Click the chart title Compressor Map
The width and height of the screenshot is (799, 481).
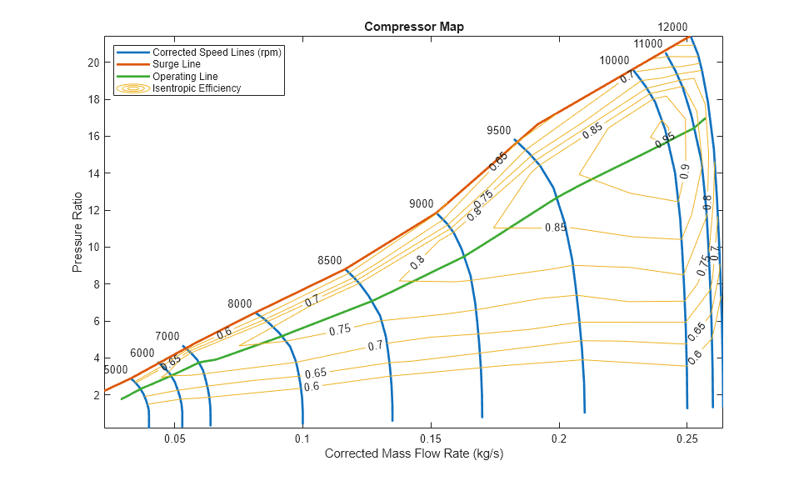pos(414,27)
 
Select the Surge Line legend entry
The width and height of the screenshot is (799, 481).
pos(176,64)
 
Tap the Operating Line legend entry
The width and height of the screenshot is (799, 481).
pos(185,77)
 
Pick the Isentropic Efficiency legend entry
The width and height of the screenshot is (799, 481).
pos(196,88)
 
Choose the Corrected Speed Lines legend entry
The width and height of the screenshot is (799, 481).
pos(217,52)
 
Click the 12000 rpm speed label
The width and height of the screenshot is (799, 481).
pos(672,27)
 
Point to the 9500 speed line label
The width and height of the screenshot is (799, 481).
pos(498,131)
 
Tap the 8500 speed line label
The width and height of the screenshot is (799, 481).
pos(330,261)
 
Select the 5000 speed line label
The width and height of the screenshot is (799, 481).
pos(116,369)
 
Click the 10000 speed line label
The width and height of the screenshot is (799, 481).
pos(614,61)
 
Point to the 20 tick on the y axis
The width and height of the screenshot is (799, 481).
pos(93,63)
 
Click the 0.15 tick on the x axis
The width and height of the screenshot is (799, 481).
pos(432,438)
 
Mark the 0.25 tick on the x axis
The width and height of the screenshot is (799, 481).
pos(687,438)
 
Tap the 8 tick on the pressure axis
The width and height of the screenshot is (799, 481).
pos(97,284)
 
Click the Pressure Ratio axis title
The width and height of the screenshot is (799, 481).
pos(77,233)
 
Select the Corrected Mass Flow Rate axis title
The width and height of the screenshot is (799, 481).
pos(414,454)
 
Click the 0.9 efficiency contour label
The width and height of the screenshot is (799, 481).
pos(685,171)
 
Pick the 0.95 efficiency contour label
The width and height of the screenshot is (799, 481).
pos(665,141)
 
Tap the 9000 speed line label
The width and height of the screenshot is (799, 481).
pos(421,204)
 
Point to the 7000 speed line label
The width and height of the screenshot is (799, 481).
pos(167,336)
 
